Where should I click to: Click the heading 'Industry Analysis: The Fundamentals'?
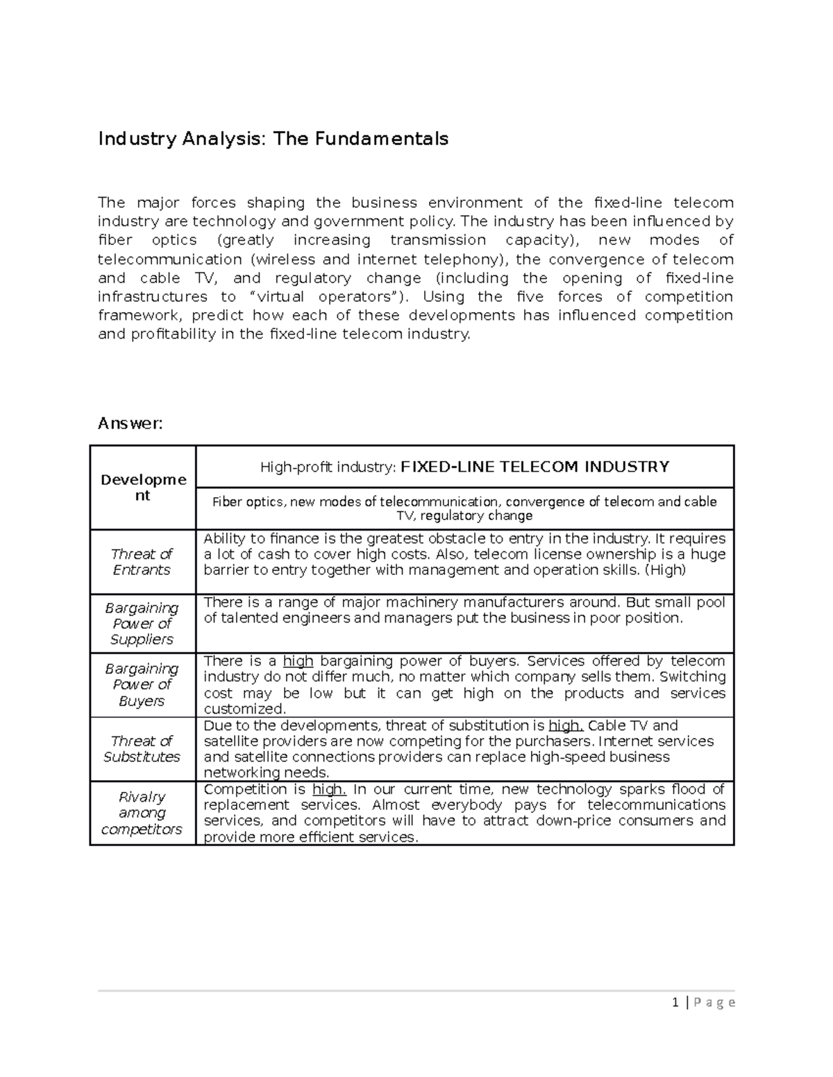(x=273, y=139)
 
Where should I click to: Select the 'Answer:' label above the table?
(x=130, y=423)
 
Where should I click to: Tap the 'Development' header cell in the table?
(x=143, y=488)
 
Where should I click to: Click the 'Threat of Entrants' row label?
(x=142, y=562)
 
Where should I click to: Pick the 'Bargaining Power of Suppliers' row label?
(x=142, y=623)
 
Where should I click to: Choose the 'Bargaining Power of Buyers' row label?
(x=142, y=684)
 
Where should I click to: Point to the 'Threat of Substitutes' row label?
(x=142, y=749)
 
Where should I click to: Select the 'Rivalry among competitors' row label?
(x=142, y=813)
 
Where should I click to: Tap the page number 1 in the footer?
(x=674, y=1002)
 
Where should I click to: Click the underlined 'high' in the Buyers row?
(x=298, y=661)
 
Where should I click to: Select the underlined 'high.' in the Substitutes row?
(x=566, y=726)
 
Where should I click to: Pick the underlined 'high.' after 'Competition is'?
(x=329, y=789)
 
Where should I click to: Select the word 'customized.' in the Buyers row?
(x=245, y=709)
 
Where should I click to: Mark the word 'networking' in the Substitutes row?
(x=239, y=773)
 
